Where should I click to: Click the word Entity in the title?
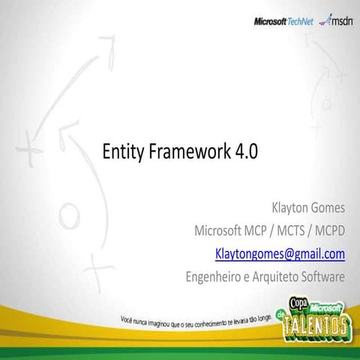123,151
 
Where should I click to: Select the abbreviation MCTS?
289,229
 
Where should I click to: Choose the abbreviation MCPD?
329,229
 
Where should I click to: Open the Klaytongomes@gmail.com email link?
280,253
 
